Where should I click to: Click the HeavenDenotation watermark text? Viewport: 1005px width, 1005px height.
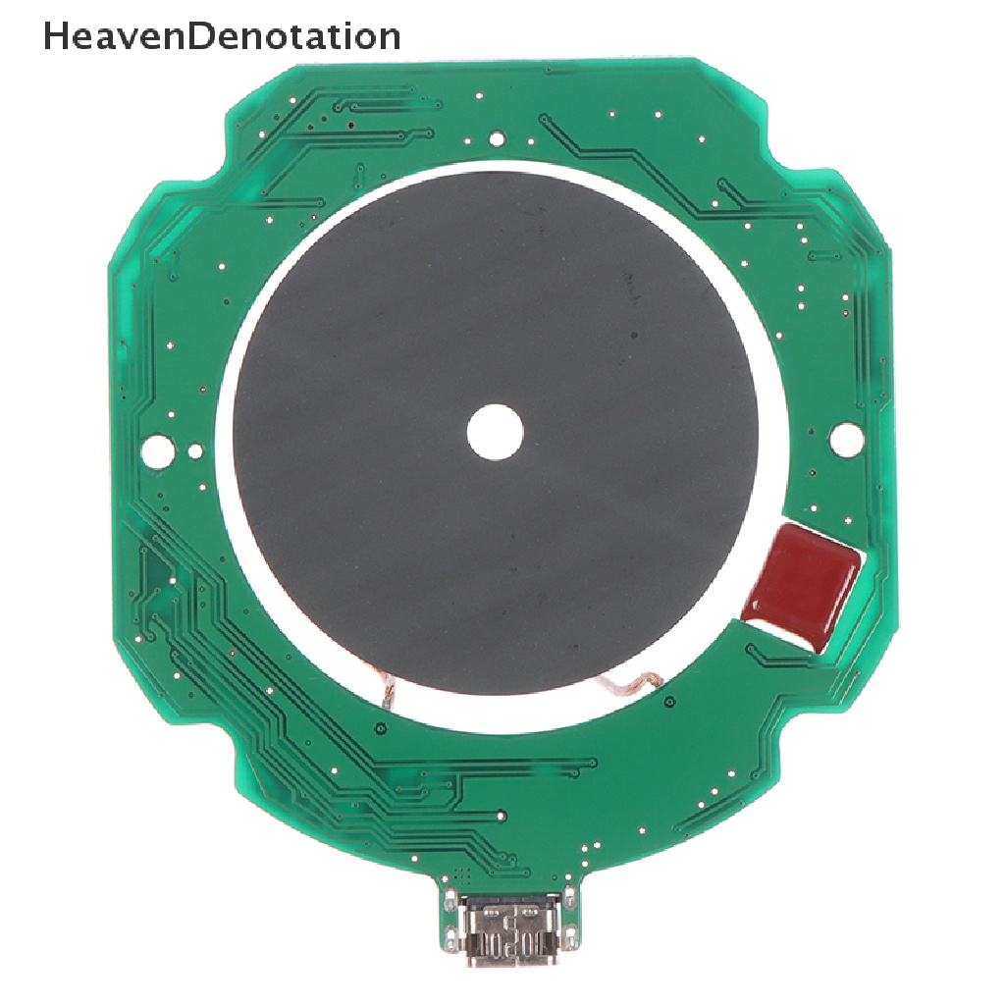[222, 36]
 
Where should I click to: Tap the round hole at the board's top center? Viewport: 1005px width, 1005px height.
[496, 137]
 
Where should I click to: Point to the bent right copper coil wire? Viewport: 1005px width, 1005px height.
[631, 683]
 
